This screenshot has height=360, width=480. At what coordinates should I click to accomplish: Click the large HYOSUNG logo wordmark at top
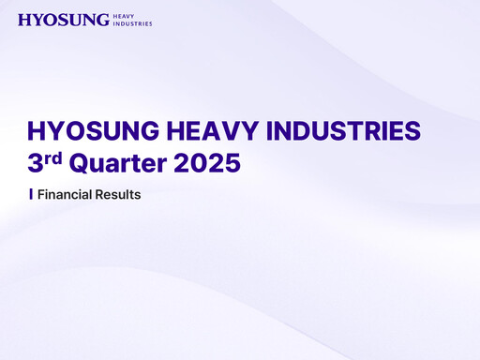63,20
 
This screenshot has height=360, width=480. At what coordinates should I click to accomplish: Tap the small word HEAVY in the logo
123,16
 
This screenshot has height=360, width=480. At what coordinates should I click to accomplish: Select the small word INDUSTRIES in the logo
132,23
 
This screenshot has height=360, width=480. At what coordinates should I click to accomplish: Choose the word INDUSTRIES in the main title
333,131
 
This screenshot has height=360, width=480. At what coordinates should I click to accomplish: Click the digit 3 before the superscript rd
36,163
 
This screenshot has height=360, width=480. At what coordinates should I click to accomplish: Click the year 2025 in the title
205,163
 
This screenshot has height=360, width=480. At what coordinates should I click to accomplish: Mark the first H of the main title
37,131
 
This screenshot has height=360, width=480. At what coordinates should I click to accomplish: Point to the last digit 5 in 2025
232,163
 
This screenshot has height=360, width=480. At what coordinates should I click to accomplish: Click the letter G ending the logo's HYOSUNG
101,20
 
